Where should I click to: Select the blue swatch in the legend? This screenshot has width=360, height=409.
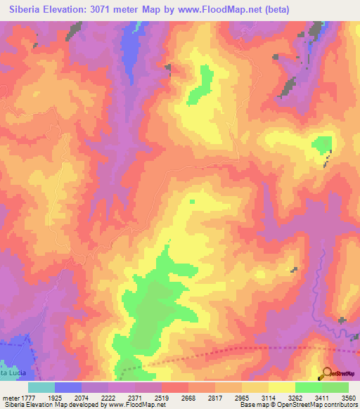click(x=68, y=387)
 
